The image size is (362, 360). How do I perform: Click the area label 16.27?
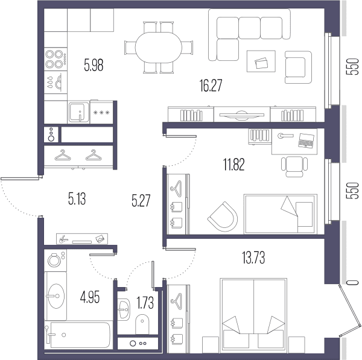211,86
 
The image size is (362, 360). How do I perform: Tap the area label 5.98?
94,65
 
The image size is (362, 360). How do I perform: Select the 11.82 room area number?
234,164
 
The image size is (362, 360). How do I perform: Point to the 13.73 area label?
253,257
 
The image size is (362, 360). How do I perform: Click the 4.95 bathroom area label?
90,297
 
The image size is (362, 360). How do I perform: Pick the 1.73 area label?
145,303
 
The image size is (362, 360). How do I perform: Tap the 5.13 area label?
77,199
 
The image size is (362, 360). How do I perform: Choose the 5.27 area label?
141,200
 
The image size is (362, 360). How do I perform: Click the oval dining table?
158,47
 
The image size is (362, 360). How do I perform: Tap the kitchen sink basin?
78,112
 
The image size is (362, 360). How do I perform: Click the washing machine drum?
54,261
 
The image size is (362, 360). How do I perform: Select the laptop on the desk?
306,141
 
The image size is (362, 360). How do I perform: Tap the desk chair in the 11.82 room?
294,166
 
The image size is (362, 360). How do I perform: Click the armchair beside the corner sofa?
298,67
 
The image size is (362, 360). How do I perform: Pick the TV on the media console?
242,115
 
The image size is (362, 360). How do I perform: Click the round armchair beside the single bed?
223,217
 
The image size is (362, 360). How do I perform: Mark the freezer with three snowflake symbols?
101,112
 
